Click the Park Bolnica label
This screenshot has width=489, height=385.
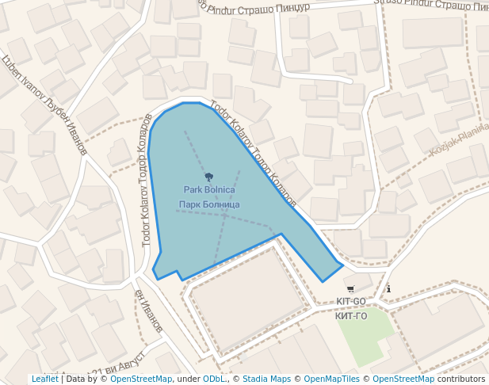click(209, 190)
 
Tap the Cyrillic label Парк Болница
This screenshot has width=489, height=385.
click(209, 205)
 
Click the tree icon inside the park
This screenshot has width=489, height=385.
click(209, 177)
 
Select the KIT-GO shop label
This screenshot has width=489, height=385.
click(351, 302)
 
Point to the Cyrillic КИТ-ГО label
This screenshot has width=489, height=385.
click(351, 316)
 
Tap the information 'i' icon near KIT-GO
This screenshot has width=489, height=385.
click(388, 288)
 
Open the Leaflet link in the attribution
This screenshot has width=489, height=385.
click(44, 379)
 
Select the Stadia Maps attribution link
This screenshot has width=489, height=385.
click(266, 379)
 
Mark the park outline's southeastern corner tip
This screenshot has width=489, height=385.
click(342, 264)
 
